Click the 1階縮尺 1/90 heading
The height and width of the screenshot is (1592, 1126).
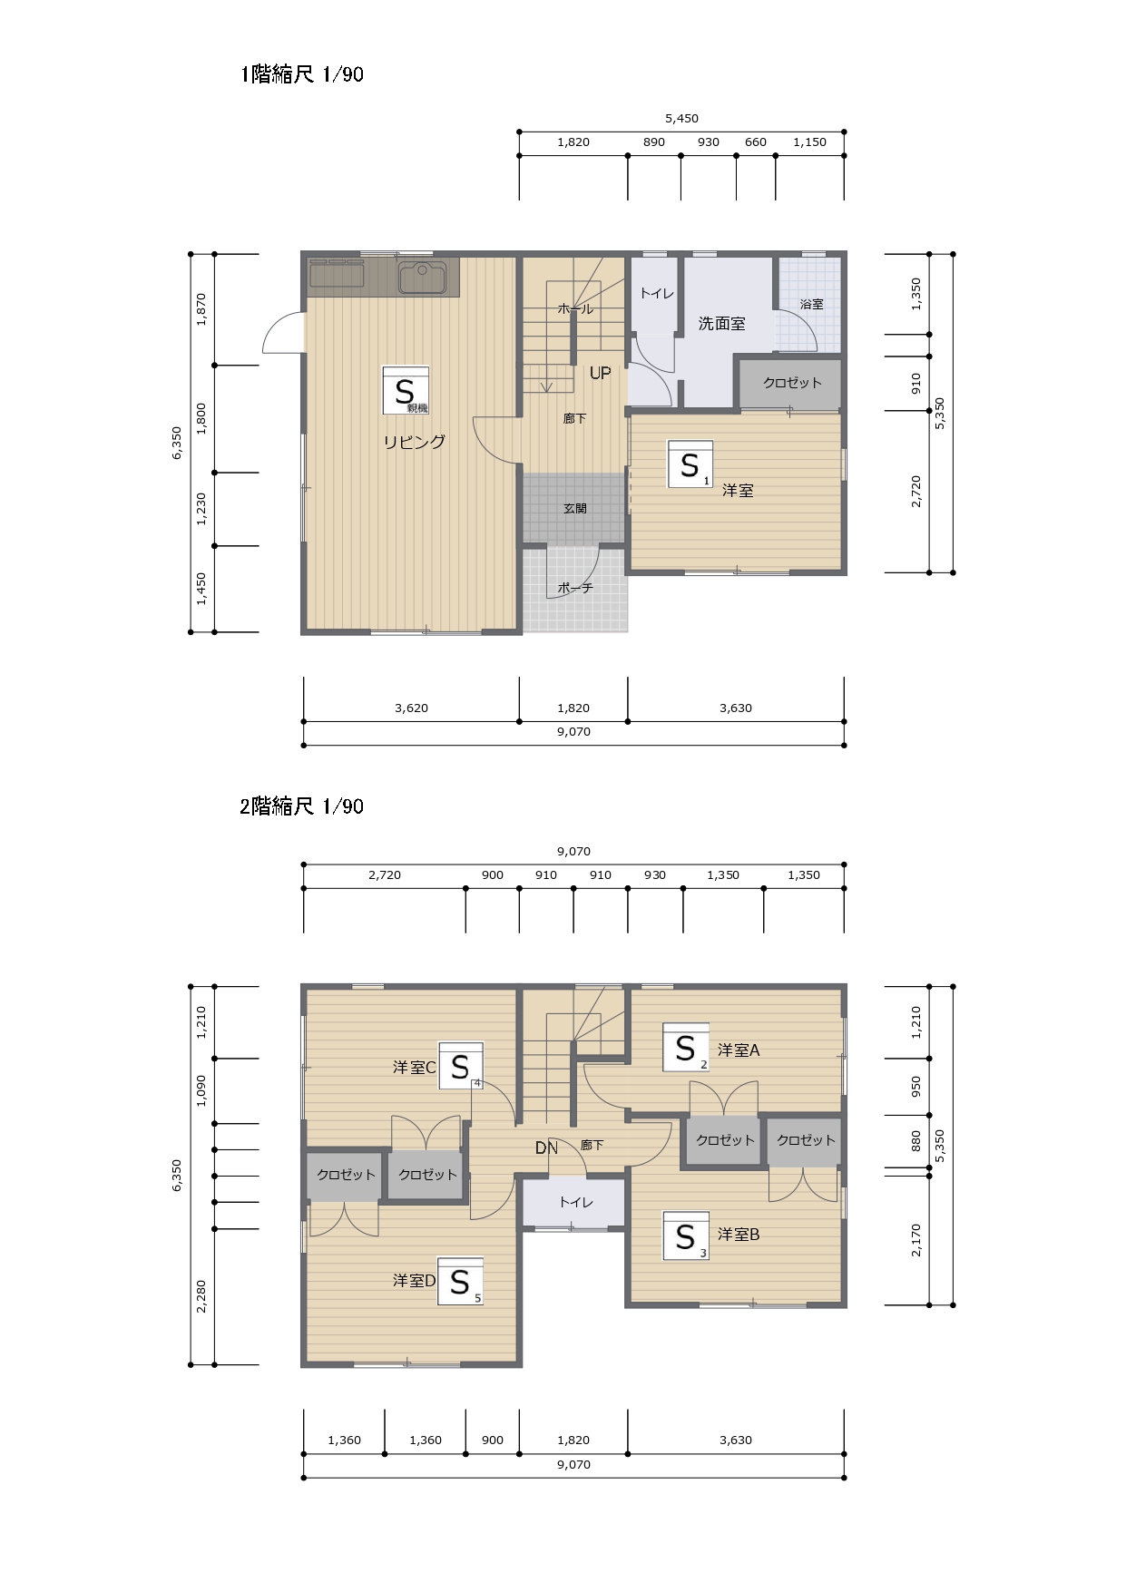tap(302, 74)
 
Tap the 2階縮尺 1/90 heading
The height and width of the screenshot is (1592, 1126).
tap(302, 806)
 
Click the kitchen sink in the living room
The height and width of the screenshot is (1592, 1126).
tap(422, 277)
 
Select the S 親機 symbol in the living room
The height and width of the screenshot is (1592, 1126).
tap(406, 390)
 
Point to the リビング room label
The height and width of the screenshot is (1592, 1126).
tap(414, 442)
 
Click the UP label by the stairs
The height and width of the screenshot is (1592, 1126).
tap(600, 373)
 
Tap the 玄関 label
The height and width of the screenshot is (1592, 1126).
tap(575, 509)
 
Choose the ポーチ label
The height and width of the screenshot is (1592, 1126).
tap(575, 588)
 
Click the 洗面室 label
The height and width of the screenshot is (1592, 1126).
tap(721, 323)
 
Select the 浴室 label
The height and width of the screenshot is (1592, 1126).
tap(812, 304)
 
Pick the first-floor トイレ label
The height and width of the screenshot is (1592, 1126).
tap(657, 293)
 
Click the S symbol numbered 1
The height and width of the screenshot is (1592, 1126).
tap(690, 464)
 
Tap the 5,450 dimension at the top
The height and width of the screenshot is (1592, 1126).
tap(681, 118)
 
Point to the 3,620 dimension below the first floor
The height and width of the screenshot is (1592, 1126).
tap(411, 708)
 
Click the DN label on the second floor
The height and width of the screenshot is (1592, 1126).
tap(546, 1148)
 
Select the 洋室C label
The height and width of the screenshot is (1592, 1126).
tap(415, 1068)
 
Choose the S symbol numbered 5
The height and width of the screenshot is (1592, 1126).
tap(460, 1281)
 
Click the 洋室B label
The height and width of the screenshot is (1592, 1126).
tap(739, 1234)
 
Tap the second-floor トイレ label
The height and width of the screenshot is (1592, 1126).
tap(575, 1202)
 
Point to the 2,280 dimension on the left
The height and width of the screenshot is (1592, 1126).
tap(201, 1296)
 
